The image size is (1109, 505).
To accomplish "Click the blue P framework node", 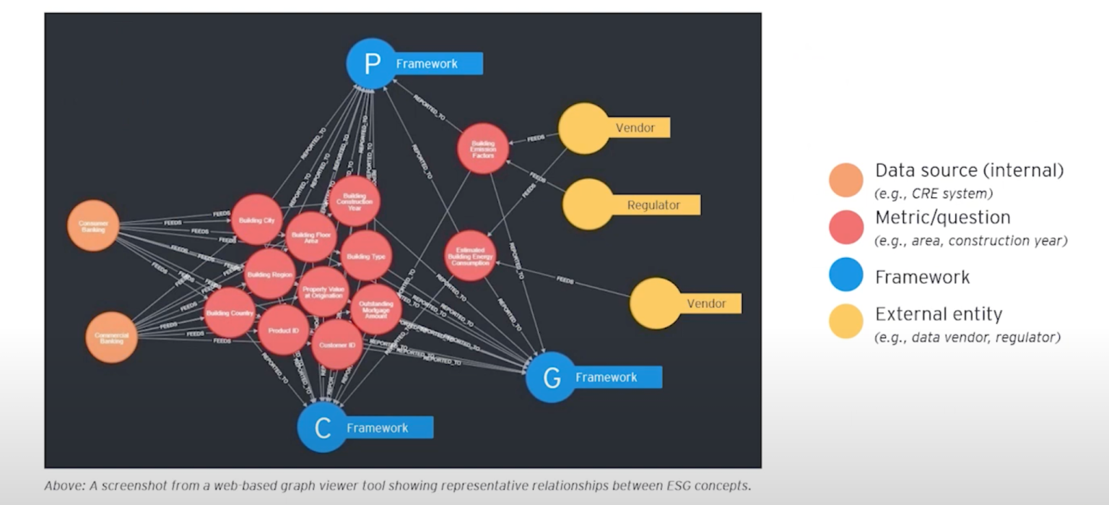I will coord(372,64).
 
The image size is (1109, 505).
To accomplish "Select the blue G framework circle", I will coord(551,377).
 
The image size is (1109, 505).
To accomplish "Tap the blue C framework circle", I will coord(323,428).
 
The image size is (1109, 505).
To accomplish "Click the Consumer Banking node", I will coord(93,226).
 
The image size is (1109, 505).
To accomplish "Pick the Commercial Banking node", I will coord(111,337).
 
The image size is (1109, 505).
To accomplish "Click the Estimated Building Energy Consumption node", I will coord(470,256).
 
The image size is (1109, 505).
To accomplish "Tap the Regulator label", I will coord(653,205).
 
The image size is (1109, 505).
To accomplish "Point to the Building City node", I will coord(256,220).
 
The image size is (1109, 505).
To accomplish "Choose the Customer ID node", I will coord(336,345).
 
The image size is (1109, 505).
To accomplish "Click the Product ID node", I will coord(283,330).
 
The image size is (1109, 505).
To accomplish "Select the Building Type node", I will coord(366,256).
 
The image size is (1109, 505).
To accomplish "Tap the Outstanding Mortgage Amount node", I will coord(376,309).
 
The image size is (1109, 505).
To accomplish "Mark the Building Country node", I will coord(230,313).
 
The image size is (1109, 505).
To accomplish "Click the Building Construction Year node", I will coord(355,202).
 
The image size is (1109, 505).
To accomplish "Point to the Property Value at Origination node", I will coord(323,291).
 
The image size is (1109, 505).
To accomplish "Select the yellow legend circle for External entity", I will coord(846,321).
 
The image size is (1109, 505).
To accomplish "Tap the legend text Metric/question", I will coord(942,217).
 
